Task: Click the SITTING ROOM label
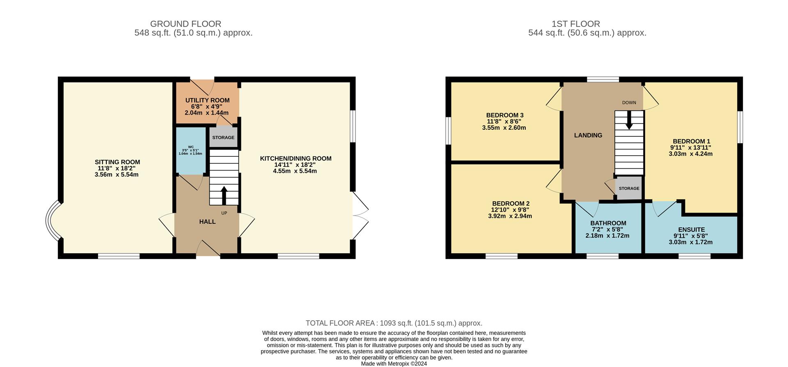click(117, 162)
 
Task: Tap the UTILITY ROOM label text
click(207, 100)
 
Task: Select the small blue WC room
click(191, 151)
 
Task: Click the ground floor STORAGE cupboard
click(224, 138)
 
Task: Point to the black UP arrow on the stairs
click(224, 195)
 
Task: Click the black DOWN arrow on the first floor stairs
click(629, 121)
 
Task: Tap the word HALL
click(207, 222)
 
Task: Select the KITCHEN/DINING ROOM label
click(295, 158)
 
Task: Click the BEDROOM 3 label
click(505, 115)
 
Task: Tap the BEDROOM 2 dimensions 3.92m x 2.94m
click(510, 216)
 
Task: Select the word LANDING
click(588, 135)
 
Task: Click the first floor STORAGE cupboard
click(629, 188)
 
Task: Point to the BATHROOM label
click(608, 223)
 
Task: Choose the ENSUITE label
click(692, 230)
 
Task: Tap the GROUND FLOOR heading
click(186, 24)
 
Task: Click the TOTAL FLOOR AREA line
click(394, 323)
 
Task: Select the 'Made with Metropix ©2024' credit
click(394, 364)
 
